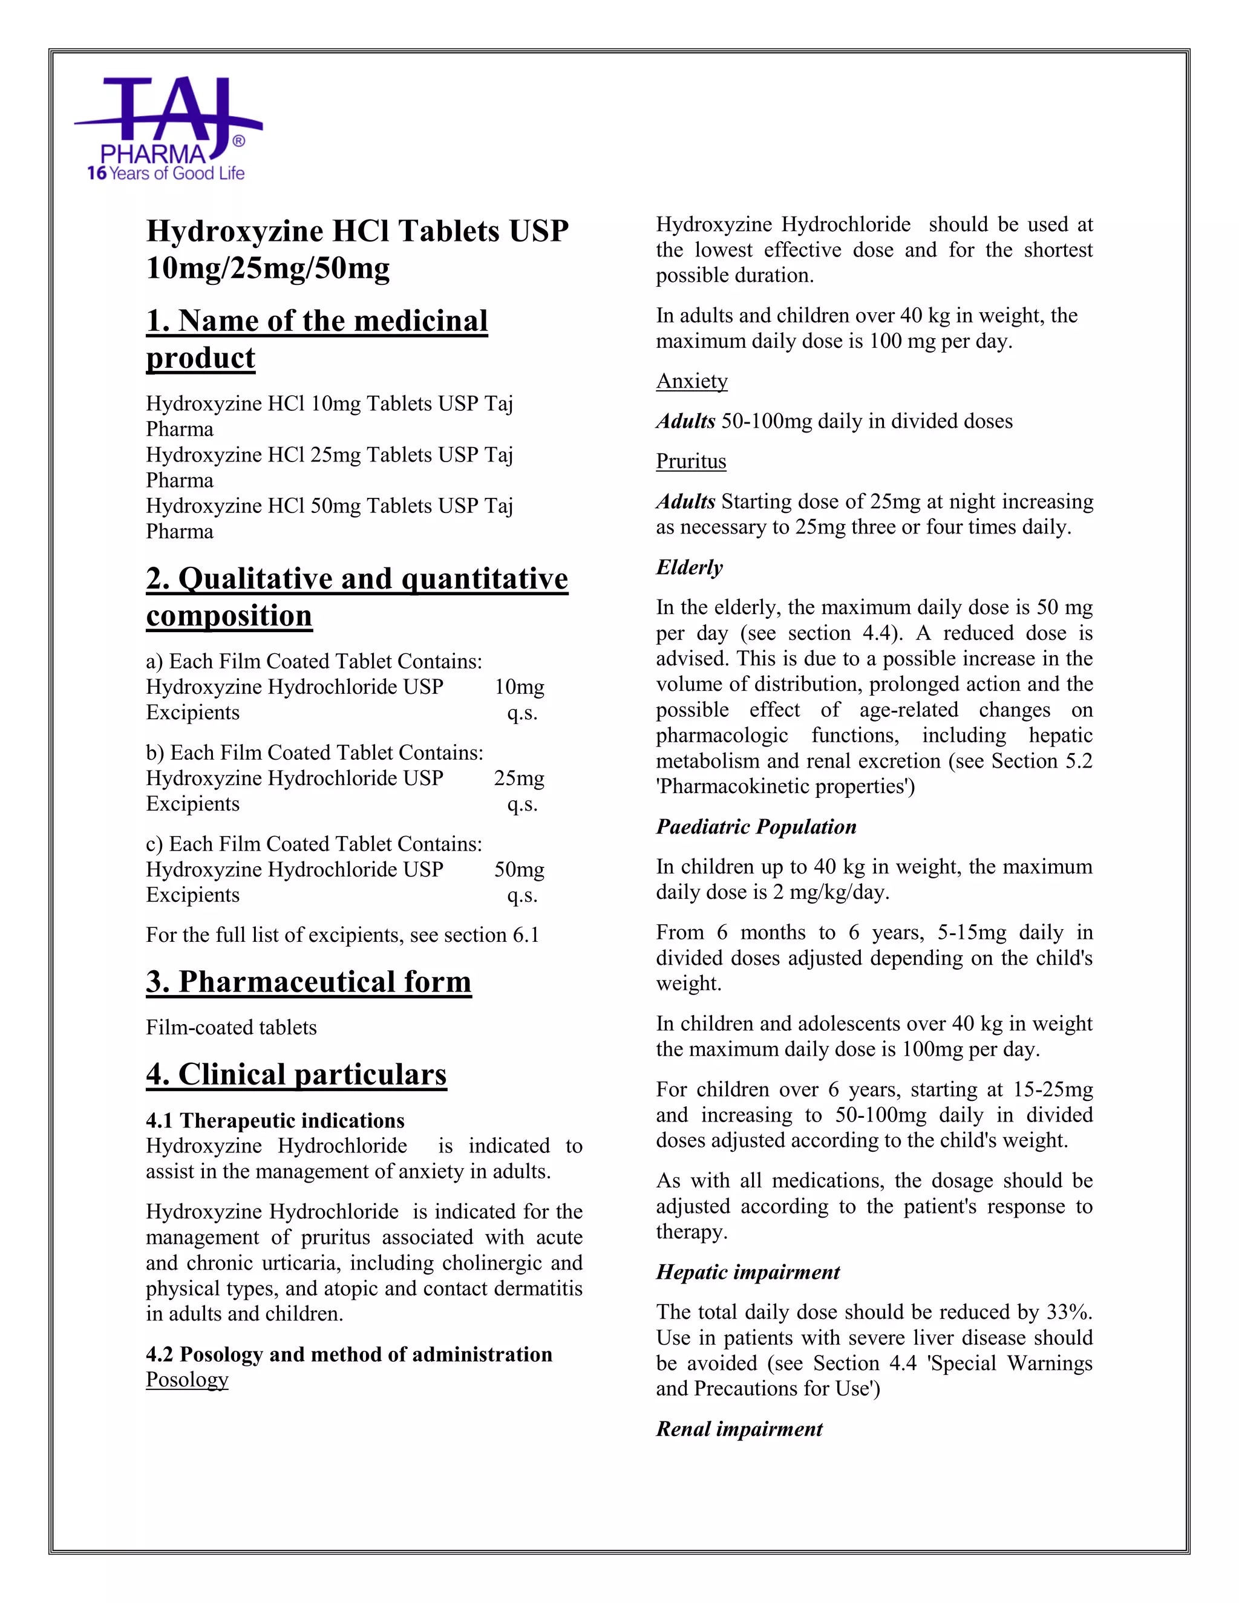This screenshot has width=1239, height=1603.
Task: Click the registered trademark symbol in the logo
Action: pos(238,141)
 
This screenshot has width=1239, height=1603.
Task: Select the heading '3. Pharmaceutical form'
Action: pos(309,982)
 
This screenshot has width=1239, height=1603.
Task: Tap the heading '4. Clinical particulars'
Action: pos(296,1074)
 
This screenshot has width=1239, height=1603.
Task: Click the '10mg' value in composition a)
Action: pos(519,688)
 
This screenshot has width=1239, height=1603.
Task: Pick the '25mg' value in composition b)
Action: pos(519,779)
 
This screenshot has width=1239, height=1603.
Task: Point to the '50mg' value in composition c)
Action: pos(519,870)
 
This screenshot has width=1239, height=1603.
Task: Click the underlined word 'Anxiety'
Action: pos(691,382)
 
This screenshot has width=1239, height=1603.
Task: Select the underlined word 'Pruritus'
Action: pos(691,462)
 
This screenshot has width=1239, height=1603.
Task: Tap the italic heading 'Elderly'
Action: pos(689,567)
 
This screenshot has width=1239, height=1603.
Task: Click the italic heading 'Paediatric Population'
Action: pos(756,827)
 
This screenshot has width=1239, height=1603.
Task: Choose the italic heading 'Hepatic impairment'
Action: pos(747,1272)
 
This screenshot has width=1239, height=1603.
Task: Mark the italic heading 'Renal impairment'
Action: pos(739,1429)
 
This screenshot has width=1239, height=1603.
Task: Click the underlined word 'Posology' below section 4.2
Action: pos(187,1380)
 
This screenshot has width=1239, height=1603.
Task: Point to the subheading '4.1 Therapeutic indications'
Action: pos(275,1121)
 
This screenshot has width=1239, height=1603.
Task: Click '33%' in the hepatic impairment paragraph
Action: pos(1069,1313)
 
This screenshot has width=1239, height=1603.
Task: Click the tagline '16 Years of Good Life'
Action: pos(165,174)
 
